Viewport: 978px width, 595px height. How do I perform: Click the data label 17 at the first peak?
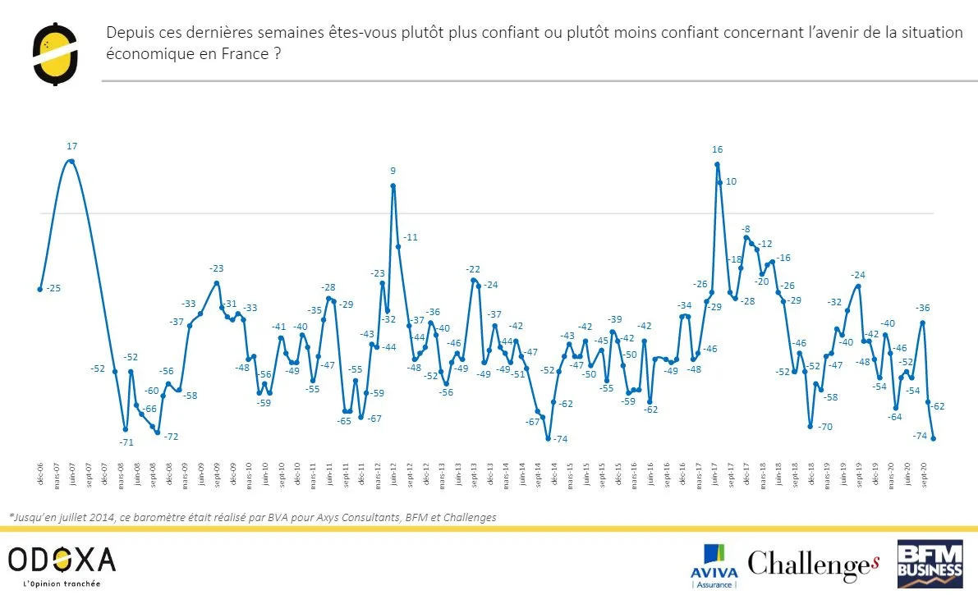point(71,146)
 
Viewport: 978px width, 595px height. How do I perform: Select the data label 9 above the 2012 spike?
point(393,172)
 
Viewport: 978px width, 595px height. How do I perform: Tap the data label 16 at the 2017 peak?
point(717,149)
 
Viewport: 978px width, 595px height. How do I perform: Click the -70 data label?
point(825,427)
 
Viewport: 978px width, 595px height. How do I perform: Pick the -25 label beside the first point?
point(54,288)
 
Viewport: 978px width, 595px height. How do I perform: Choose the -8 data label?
point(746,229)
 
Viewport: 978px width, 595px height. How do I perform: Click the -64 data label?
point(894,417)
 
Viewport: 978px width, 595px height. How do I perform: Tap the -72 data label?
point(171,437)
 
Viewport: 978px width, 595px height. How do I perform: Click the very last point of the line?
point(934,439)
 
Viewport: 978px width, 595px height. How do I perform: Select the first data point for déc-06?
point(39,289)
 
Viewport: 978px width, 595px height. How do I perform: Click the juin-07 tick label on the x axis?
point(72,475)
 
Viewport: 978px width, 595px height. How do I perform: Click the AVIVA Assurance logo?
point(716,565)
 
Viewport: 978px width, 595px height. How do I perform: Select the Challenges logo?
point(813,564)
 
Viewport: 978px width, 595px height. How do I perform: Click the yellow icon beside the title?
point(55,53)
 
